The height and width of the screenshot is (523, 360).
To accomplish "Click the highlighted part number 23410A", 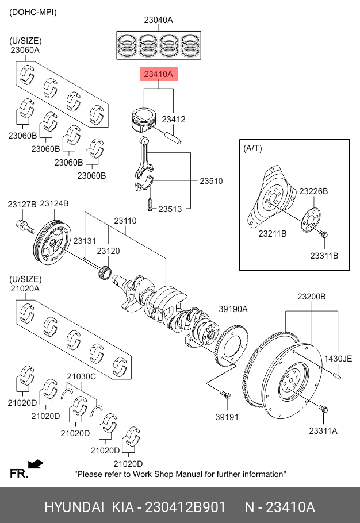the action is click(x=159, y=74).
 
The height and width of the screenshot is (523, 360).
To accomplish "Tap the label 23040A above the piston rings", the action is click(x=159, y=20).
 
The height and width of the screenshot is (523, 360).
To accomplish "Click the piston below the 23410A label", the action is click(x=143, y=120).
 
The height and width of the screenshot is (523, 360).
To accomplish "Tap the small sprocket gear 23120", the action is click(x=105, y=271).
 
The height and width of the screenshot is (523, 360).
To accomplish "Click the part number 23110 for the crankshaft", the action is click(x=125, y=221).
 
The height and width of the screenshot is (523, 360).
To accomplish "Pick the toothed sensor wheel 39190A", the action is click(x=231, y=345).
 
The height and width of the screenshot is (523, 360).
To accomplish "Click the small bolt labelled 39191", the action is click(x=225, y=395).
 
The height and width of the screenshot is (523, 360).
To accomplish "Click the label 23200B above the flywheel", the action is click(x=311, y=297).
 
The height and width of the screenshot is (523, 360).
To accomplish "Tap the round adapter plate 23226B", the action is click(x=311, y=220).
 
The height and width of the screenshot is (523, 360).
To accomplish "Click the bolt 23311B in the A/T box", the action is click(x=323, y=234).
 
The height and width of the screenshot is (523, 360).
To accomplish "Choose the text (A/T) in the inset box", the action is click(x=253, y=148).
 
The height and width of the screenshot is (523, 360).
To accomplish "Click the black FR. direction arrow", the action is click(x=36, y=464).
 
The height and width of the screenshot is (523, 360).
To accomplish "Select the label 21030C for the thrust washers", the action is click(x=82, y=376).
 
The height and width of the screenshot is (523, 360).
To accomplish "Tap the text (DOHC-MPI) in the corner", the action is click(x=33, y=12).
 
